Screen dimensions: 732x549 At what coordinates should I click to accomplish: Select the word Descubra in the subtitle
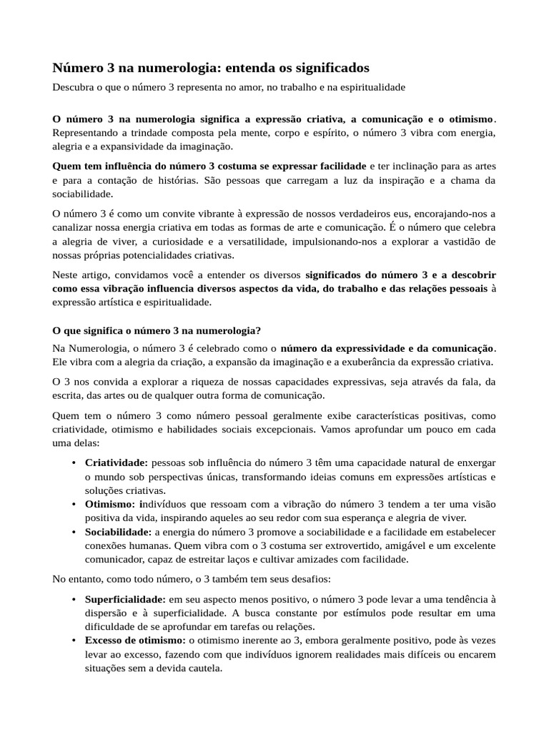tap(75, 87)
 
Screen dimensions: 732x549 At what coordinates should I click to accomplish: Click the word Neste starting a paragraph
tap(66, 275)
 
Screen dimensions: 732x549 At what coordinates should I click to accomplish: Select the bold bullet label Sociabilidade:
tap(118, 532)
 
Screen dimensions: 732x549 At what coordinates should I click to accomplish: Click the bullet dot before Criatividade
tap(74, 464)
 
